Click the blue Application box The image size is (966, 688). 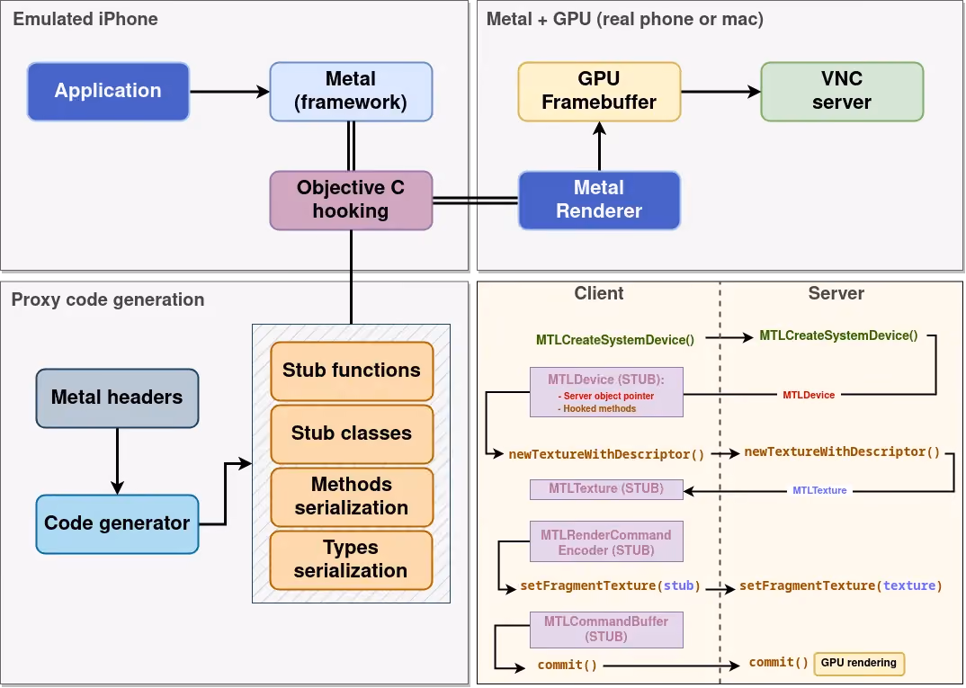pos(108,91)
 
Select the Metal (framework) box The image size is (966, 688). pos(351,91)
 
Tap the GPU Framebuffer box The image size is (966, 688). pos(599,91)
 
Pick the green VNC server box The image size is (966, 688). pos(842,91)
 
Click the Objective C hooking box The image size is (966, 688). pos(351,201)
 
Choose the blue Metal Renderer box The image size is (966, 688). pos(599,201)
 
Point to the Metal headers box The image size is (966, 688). pos(117,398)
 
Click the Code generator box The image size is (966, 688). pos(117,524)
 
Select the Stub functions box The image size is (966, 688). pos(351,371)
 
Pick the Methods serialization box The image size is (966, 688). pos(351,497)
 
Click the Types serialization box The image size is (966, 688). pos(351,560)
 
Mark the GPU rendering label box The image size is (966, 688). pos(859,664)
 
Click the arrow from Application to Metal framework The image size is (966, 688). pos(229,92)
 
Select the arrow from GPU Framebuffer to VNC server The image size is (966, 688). pos(720,92)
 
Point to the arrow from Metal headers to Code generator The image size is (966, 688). pos(117,461)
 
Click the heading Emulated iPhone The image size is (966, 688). pos(85,19)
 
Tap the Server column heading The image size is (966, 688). pos(836,293)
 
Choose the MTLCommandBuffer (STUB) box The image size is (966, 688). pos(606,630)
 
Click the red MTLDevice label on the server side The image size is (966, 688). pos(809,395)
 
